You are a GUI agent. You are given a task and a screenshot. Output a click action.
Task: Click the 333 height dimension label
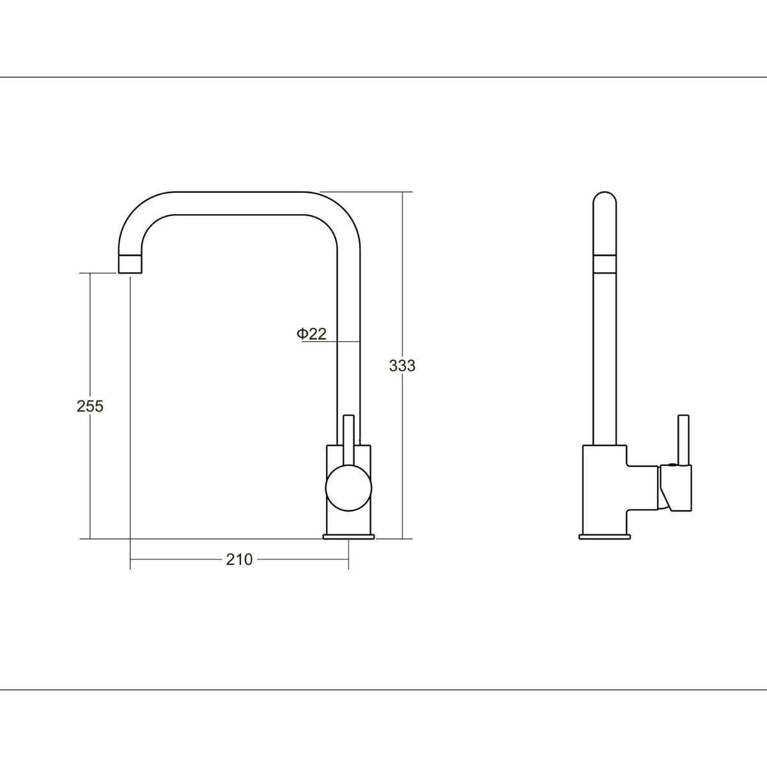coord(402,366)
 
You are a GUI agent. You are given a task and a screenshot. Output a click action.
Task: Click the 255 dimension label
coord(90,407)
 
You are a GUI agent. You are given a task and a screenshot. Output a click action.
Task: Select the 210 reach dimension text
coord(239,559)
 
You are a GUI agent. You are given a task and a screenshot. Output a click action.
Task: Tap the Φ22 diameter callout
coord(312,334)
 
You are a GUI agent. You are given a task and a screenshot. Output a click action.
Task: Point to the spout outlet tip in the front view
coord(130,263)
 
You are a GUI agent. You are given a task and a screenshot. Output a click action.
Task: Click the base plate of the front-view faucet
coord(349,536)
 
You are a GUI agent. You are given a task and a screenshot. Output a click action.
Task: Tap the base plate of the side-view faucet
coord(604,536)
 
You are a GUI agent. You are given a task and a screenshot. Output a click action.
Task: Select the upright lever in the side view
coord(684,440)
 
